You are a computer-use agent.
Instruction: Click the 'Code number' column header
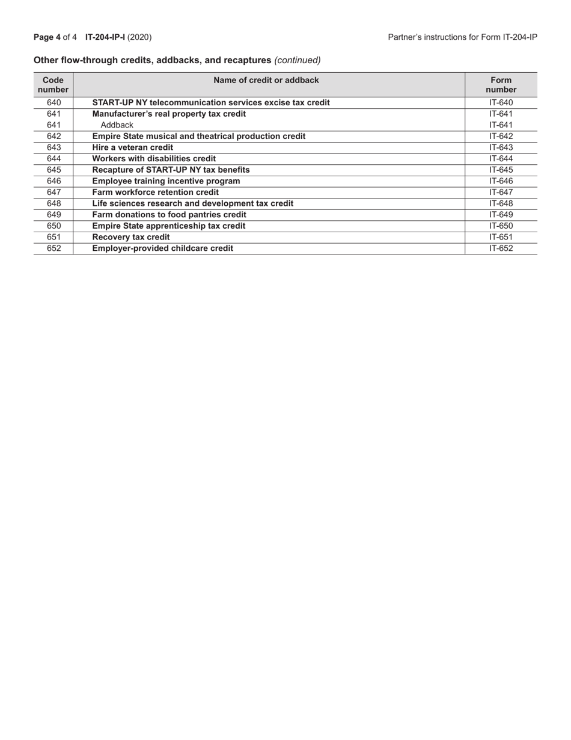pyautogui.click(x=53, y=85)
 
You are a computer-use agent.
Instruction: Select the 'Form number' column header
pyautogui.click(x=501, y=85)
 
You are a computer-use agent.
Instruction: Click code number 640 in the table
pyautogui.click(x=53, y=102)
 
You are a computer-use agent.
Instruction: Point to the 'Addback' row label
pyautogui.click(x=117, y=125)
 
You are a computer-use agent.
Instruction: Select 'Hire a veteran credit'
pyautogui.click(x=132, y=147)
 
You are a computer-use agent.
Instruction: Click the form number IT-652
pyautogui.click(x=501, y=248)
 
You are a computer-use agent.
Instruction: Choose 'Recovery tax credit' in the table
pyautogui.click(x=130, y=237)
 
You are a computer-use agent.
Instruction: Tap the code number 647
pyautogui.click(x=53, y=192)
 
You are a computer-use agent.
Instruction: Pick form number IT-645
pyautogui.click(x=501, y=170)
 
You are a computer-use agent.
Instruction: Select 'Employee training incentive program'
pyautogui.click(x=166, y=181)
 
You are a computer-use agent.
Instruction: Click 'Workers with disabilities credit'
pyautogui.click(x=154, y=159)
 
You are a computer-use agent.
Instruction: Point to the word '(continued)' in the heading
pyautogui.click(x=298, y=60)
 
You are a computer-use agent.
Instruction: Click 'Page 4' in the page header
pyautogui.click(x=47, y=37)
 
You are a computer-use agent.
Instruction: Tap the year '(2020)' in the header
pyautogui.click(x=139, y=37)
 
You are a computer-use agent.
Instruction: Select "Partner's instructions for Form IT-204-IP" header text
pyautogui.click(x=462, y=37)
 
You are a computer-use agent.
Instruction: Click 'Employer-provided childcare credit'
pyautogui.click(x=162, y=248)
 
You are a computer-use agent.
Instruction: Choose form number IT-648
pyautogui.click(x=501, y=203)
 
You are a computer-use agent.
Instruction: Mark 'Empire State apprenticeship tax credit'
pyautogui.click(x=168, y=226)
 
